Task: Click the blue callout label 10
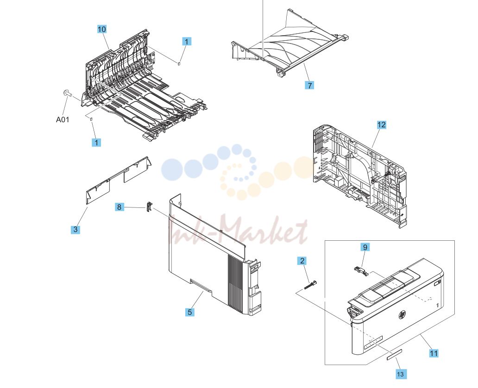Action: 102,29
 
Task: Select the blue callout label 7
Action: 309,85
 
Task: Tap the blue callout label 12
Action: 381,125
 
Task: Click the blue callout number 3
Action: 75,230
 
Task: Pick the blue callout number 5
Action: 189,312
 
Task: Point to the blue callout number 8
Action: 119,207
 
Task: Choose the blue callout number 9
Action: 365,247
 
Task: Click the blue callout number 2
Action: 302,261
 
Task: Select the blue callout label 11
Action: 434,353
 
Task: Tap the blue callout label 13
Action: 401,374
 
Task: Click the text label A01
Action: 63,120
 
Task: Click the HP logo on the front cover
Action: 403,315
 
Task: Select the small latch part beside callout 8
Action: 149,207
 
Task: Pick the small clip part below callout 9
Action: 361,271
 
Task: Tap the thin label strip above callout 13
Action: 395,355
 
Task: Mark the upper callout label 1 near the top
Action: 187,42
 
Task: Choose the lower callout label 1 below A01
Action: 96,142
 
